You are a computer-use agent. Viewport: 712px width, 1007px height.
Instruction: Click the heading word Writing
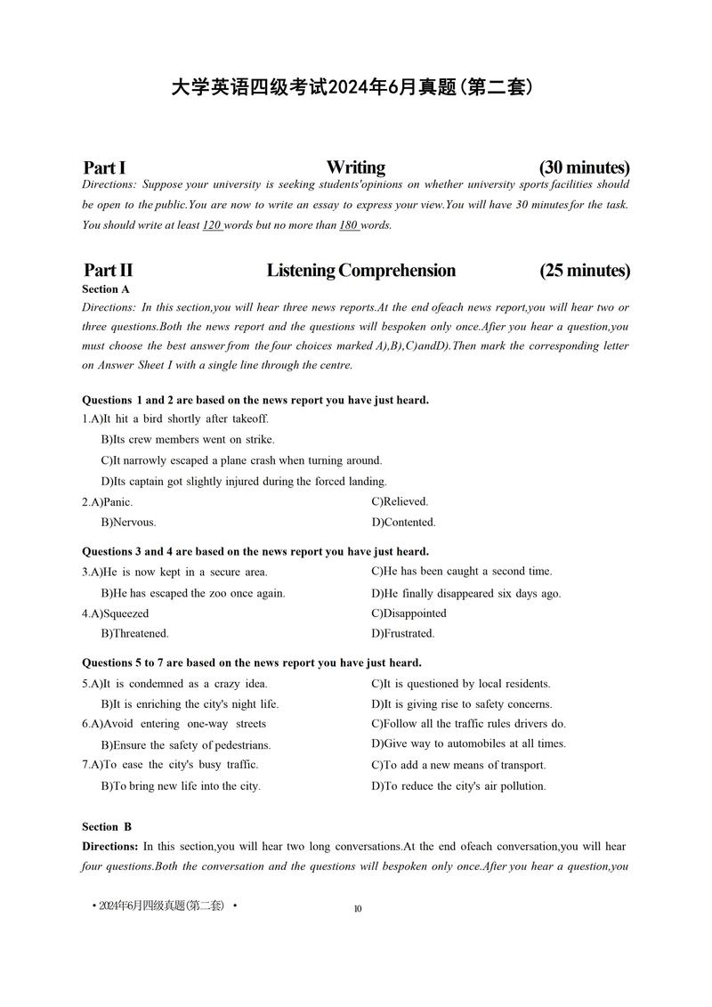pos(355,167)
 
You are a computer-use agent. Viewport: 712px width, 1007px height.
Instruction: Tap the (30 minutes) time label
pos(584,167)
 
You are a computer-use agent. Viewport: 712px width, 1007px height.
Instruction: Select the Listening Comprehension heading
pos(360,271)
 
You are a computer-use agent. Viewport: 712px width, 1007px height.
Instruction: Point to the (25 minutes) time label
pos(584,271)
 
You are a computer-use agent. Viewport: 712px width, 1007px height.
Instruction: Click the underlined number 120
pos(212,225)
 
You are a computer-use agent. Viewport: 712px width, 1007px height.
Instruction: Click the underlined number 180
pos(348,225)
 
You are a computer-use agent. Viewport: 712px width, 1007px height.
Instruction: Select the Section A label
pos(106,289)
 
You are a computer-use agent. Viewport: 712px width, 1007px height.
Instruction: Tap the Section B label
pos(107,827)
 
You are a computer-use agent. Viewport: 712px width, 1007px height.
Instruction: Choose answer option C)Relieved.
pos(400,502)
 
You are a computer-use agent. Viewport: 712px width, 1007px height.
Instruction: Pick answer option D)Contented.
pos(403,523)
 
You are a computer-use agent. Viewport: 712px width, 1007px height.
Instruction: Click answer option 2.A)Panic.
pos(108,502)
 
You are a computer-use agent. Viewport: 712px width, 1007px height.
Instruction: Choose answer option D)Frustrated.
pos(402,634)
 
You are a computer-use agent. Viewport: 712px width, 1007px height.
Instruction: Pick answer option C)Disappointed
pos(409,613)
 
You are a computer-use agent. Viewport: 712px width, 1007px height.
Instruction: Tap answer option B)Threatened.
pos(134,634)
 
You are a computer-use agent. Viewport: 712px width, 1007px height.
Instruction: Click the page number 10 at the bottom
pos(358,909)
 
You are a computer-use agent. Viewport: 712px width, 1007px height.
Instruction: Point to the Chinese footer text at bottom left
pos(165,905)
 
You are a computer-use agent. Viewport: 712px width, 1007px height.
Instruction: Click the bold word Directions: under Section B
pos(110,847)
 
